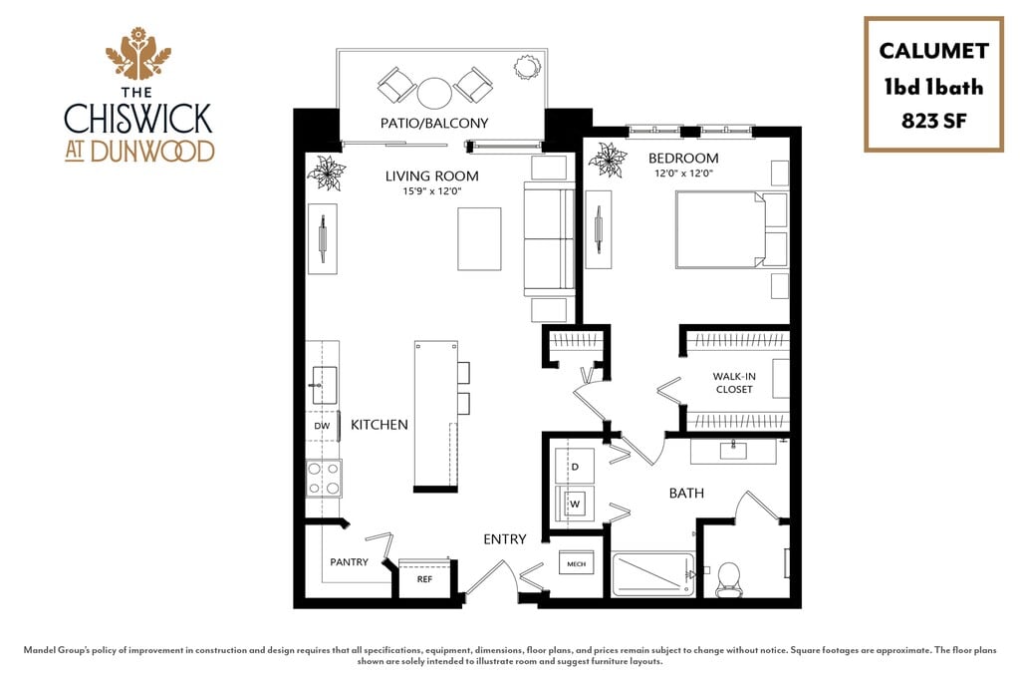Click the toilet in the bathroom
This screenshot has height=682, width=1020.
(729, 577)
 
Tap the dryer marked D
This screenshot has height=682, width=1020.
(574, 466)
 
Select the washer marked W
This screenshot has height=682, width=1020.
(574, 504)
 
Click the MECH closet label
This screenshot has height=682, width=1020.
(577, 564)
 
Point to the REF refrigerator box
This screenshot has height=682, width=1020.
(423, 577)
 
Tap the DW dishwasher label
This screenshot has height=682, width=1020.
(322, 426)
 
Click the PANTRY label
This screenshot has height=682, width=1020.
(349, 562)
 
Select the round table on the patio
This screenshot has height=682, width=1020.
(435, 93)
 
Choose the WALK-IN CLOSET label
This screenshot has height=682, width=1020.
(734, 383)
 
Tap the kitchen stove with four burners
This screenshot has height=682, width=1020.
(324, 478)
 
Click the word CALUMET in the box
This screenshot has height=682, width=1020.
(933, 52)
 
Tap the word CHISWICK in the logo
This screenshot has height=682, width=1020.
(138, 118)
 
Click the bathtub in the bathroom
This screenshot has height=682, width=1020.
(653, 574)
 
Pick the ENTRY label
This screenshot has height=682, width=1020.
(505, 539)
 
